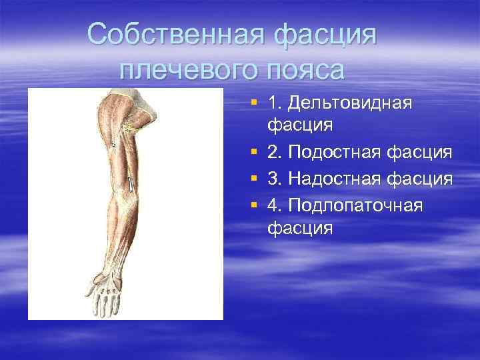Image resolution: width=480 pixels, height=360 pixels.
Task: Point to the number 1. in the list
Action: click(276, 103)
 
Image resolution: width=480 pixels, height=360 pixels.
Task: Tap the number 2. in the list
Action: click(276, 154)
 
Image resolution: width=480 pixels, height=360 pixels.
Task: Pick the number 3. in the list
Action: click(276, 179)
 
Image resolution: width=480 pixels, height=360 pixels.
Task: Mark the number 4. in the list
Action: click(276, 205)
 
